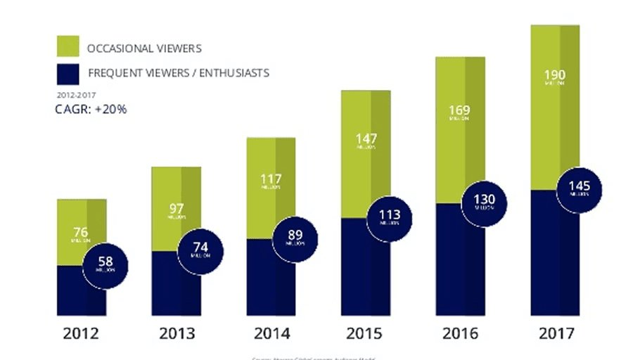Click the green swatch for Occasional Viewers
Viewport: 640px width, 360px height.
(68, 48)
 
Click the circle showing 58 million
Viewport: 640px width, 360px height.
(105, 265)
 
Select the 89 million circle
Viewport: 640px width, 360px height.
(295, 238)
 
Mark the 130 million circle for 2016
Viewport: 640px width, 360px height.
(485, 202)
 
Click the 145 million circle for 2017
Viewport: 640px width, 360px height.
(579, 188)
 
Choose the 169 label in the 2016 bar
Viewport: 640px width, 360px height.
(459, 112)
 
